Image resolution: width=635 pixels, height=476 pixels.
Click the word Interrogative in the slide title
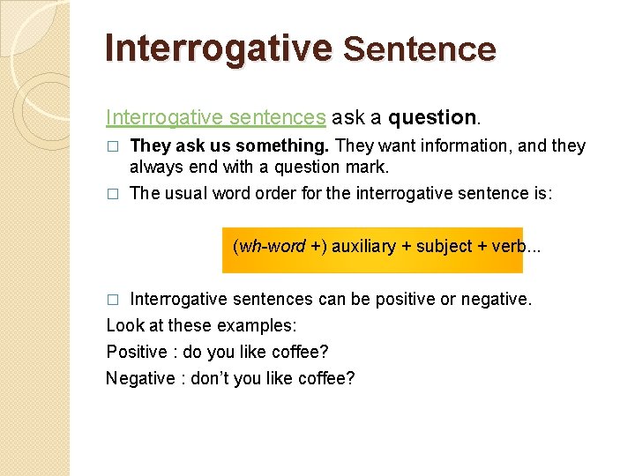pyautogui.click(x=217, y=48)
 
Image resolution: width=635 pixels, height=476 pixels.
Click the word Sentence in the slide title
pyautogui.click(x=419, y=49)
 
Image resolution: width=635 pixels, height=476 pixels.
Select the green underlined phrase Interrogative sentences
pyautogui.click(x=216, y=117)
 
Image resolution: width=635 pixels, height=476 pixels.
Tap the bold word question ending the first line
pyautogui.click(x=432, y=117)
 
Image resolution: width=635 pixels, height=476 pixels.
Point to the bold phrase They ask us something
pyautogui.click(x=230, y=145)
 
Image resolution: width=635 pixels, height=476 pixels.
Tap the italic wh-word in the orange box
pyautogui.click(x=271, y=246)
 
